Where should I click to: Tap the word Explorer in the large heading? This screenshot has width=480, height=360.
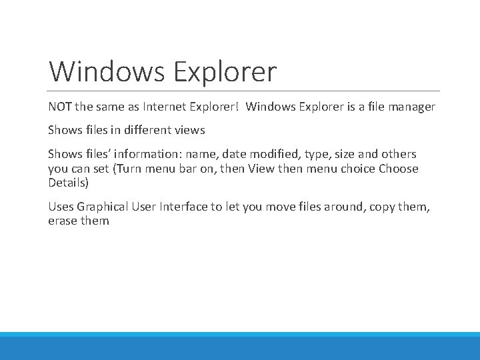(225, 71)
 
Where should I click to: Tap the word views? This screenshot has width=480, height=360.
(190, 131)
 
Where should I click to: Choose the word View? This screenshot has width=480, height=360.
(261, 169)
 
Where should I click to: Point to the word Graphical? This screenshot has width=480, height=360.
(104, 207)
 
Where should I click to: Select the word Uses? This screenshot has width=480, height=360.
(61, 207)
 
